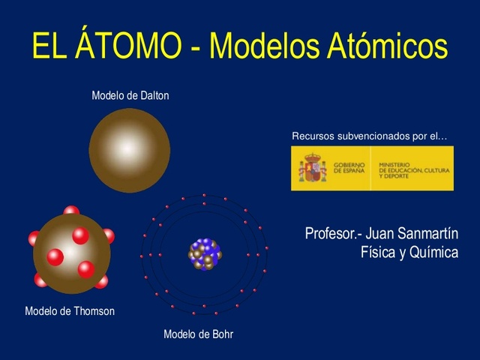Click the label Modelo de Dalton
(130, 95)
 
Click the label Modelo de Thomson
(70, 310)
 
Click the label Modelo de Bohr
(198, 334)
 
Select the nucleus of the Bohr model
(205, 254)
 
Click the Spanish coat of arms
(313, 169)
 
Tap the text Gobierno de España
(348, 169)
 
